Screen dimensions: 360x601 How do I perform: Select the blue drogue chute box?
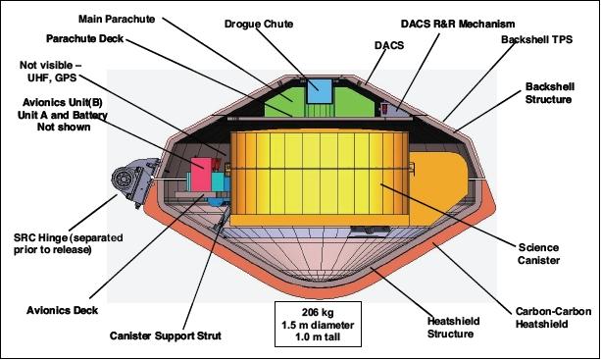(320, 90)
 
